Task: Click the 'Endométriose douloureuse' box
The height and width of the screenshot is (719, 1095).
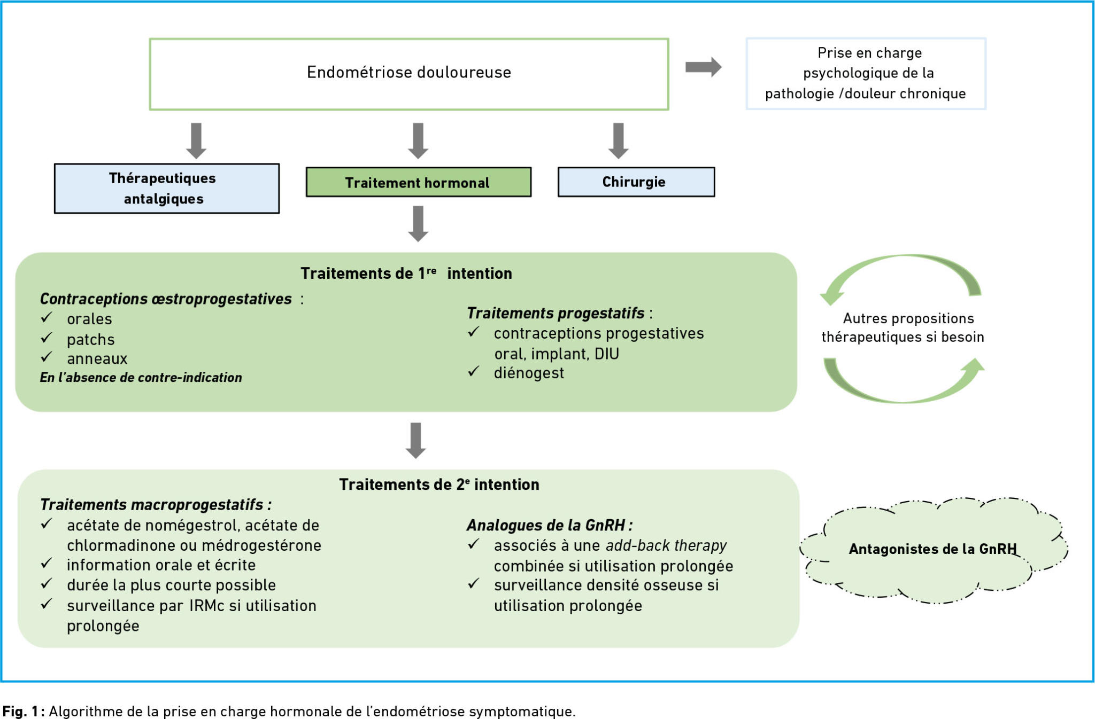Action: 409,74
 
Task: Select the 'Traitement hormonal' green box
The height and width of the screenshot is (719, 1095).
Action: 419,182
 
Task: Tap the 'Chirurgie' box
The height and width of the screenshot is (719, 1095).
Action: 636,182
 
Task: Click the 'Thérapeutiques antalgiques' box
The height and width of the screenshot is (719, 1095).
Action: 167,189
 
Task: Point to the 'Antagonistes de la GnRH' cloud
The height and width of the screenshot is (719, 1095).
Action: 933,550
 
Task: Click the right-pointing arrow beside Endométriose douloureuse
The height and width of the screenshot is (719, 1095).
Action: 704,67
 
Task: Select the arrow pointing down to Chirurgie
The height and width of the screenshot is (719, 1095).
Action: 619,141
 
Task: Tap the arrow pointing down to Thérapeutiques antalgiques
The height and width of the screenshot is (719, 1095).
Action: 196,141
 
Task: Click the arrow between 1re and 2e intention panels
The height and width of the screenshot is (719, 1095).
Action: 416,441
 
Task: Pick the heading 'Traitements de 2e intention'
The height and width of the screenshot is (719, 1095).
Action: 439,484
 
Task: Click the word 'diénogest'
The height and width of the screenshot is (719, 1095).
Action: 529,373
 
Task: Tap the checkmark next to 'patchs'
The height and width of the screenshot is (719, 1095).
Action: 47,338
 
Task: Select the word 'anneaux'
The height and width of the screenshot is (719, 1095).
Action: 97,358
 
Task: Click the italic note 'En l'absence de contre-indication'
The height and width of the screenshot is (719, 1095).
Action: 141,378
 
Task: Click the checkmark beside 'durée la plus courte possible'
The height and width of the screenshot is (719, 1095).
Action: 47,583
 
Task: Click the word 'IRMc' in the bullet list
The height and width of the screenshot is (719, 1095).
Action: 206,606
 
